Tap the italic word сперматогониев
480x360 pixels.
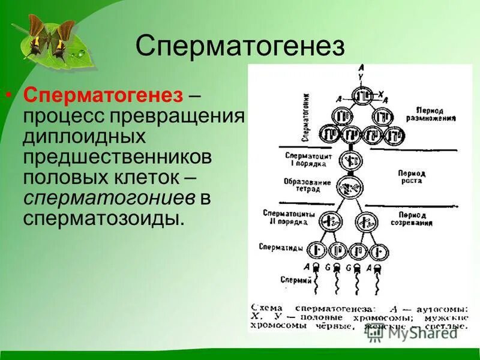pyautogui.click(x=109, y=197)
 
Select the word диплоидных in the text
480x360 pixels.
pyautogui.click(x=85, y=136)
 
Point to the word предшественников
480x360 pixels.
pyautogui.click(x=118, y=157)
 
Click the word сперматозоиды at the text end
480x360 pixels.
pyautogui.click(x=103, y=218)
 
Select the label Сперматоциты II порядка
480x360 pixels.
pyautogui.click(x=286, y=217)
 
